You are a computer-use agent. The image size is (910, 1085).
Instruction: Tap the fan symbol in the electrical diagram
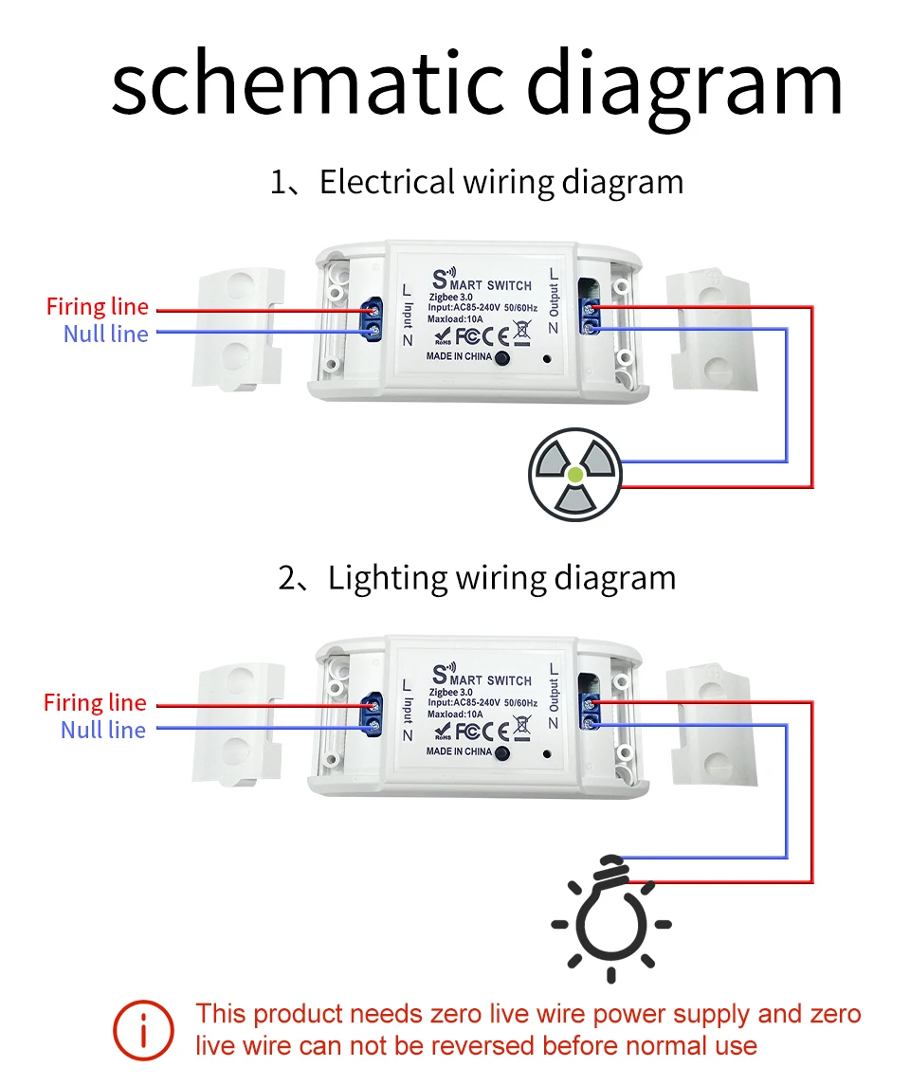[575, 473]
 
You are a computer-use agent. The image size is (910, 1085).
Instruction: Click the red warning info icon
[143, 1030]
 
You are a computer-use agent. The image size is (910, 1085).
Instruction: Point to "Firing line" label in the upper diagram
[98, 307]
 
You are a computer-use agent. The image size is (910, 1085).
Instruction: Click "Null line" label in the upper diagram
[106, 334]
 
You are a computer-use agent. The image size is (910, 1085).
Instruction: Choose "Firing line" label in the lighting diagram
[95, 703]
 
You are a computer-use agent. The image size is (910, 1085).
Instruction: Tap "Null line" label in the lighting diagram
[103, 730]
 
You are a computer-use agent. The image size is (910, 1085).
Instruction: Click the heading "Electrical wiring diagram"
[500, 181]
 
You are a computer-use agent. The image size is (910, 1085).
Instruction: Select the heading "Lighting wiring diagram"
[501, 577]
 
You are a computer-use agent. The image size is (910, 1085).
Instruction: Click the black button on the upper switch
[502, 357]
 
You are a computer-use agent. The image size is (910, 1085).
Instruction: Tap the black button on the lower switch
[502, 753]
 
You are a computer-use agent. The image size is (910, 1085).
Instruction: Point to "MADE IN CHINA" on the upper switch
[459, 356]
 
